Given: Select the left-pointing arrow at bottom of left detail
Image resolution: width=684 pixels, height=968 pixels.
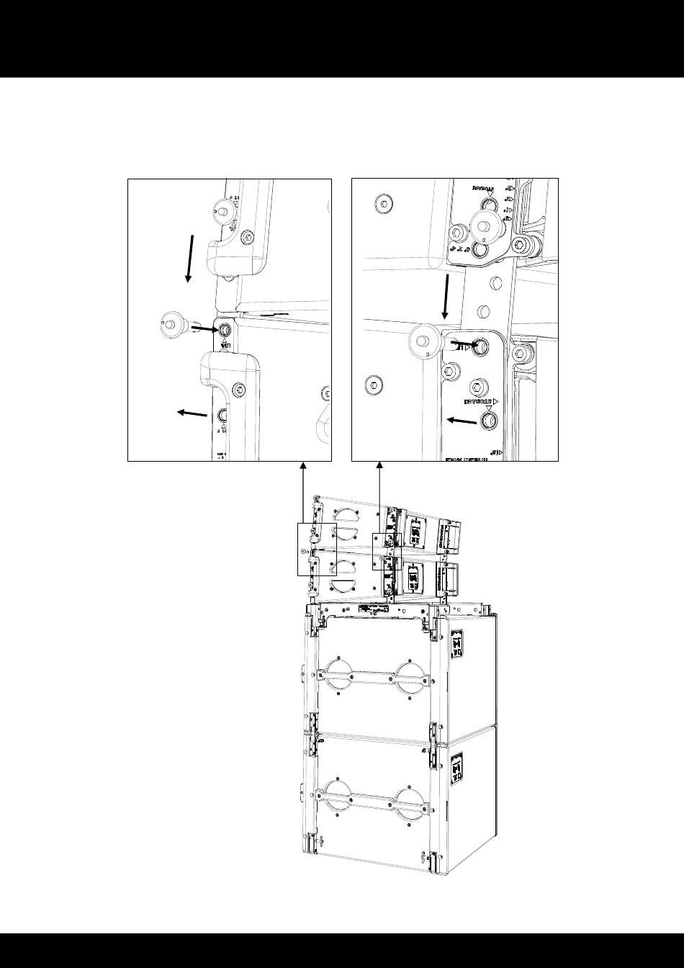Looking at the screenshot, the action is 192,413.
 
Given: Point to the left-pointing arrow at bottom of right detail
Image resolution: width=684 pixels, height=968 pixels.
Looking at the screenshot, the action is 462,421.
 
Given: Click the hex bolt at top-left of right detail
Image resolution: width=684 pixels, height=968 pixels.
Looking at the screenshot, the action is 384,205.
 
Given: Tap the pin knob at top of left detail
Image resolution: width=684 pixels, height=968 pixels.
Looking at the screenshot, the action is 220,210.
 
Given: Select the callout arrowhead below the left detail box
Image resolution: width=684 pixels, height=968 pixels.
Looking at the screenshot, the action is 303,467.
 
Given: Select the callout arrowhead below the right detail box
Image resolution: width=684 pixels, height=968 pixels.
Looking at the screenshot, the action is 379,467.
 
